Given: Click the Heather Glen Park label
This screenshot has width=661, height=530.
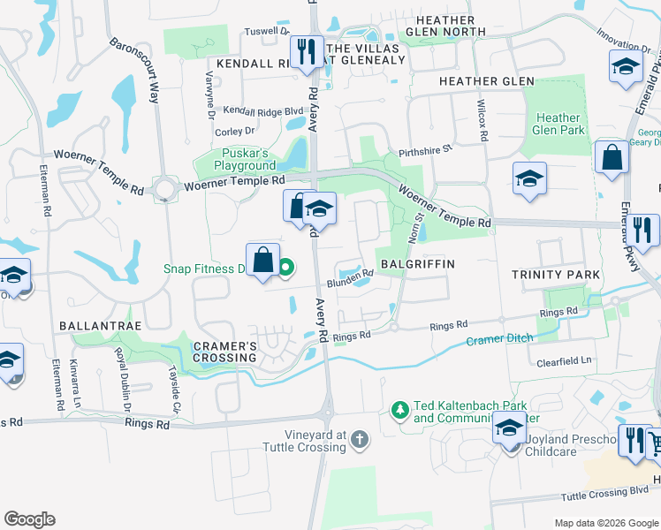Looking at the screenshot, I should tap(558, 124).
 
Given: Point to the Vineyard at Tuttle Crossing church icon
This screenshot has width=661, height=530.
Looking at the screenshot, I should tap(359, 439).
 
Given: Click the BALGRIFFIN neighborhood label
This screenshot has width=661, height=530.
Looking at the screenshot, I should tap(417, 264).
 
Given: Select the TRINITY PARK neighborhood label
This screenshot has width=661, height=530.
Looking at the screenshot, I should tap(556, 275).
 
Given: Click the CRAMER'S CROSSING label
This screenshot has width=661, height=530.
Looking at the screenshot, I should tap(224, 351).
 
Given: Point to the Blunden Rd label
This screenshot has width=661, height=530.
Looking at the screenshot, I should tap(351, 280).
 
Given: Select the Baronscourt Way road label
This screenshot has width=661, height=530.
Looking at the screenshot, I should tap(134, 70).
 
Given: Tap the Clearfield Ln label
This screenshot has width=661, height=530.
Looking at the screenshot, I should tap(563, 362).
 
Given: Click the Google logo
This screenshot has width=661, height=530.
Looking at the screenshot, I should tap(29, 519).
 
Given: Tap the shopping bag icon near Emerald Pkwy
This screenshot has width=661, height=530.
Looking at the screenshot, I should tap(612, 159).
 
